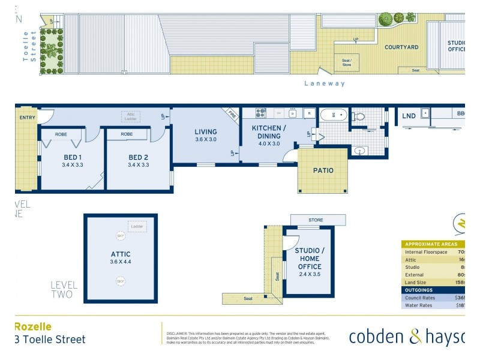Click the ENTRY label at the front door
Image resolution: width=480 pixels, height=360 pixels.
[27, 118]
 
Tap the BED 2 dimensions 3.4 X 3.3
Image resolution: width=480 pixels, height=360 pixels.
[138, 165]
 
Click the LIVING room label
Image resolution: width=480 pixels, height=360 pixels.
[205, 132]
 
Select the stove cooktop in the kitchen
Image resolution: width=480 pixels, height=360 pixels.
[261, 113]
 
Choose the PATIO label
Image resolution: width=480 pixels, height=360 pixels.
[323, 170]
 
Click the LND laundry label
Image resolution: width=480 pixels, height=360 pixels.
[409, 116]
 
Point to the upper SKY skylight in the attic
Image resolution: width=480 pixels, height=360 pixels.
[121, 237]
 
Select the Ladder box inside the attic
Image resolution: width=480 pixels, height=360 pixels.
[137, 227]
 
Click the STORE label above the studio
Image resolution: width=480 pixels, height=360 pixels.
[316, 220]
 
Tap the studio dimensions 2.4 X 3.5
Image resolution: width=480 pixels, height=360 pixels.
[309, 275]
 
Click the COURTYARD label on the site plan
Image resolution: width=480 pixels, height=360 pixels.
[401, 47]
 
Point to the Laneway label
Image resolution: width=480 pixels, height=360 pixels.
[325, 84]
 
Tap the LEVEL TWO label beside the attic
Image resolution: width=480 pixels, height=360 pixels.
[62, 289]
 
